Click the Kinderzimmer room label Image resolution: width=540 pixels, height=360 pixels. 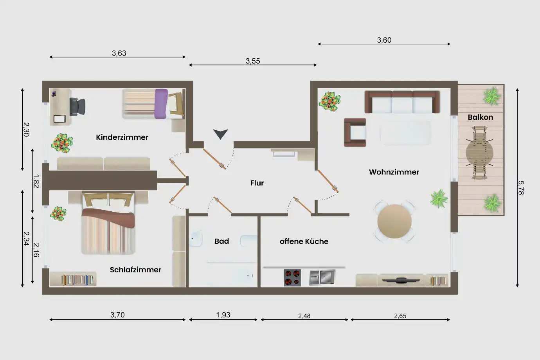[122, 137]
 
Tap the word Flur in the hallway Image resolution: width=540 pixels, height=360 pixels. [257, 183]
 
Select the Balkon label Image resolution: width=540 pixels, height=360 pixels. [481, 117]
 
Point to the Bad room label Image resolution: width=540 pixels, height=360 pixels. [221, 241]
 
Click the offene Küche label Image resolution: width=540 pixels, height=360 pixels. [304, 241]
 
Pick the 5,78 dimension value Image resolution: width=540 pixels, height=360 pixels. [521, 187]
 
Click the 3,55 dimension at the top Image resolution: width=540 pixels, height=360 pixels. [253, 61]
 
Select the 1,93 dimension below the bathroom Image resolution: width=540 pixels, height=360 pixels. [223, 315]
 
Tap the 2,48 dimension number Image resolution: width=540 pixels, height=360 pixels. [304, 316]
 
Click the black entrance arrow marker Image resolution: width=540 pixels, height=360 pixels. [220, 133]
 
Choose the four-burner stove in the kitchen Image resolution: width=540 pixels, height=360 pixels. [292, 278]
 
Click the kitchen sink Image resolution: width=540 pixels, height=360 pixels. [322, 277]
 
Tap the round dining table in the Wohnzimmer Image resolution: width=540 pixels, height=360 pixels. [394, 221]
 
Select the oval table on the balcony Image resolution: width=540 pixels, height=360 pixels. [479, 153]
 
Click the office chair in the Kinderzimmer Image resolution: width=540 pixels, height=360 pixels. [77, 106]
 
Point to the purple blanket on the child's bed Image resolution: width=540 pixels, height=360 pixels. [161, 104]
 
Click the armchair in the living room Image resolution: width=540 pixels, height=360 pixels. [355, 132]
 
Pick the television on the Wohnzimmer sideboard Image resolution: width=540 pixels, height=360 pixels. [401, 280]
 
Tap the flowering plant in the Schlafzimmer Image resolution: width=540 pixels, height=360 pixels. [58, 214]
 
